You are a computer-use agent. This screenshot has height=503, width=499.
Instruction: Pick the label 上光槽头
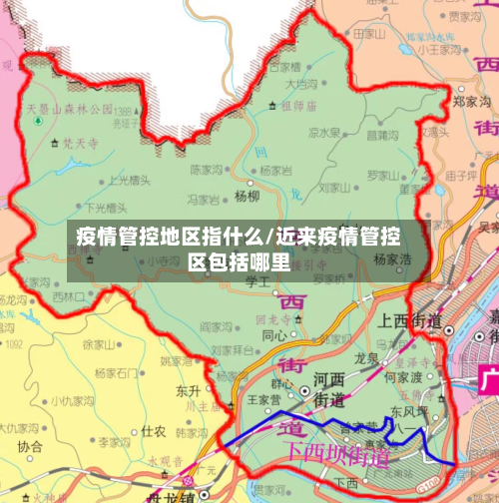130,181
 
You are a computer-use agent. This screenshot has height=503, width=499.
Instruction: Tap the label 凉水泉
324,132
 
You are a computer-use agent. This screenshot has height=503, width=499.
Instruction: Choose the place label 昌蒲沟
383,134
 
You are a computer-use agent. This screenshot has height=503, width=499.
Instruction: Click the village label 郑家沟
470,101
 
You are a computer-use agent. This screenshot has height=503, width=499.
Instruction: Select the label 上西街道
409,320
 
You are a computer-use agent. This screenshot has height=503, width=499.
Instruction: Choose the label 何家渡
404,378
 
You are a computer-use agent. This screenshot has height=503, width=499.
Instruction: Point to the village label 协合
31,446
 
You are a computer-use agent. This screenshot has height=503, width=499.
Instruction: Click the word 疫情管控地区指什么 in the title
164,238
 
